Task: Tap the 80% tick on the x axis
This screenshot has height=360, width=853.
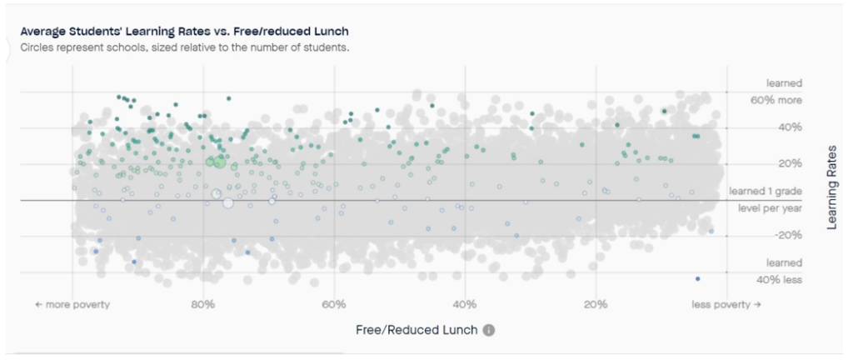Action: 203,304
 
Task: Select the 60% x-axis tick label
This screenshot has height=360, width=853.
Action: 333,304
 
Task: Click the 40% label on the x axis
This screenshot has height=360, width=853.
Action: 465,304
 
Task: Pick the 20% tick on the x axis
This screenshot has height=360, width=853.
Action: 595,304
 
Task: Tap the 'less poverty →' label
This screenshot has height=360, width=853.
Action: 726,304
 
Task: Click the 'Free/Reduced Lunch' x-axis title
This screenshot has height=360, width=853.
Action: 417,330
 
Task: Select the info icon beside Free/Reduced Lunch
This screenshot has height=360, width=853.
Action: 489,330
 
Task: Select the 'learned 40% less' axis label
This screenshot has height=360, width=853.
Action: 778,272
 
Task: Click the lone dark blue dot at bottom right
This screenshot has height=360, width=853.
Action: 697,278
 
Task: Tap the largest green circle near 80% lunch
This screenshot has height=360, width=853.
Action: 220,162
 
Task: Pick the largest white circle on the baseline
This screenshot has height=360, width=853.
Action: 227,202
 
